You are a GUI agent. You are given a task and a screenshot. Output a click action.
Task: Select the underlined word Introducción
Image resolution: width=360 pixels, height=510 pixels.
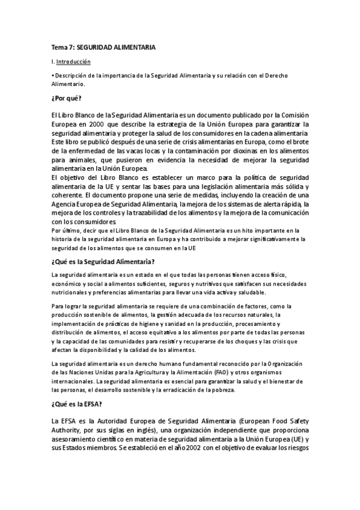(x=73, y=61)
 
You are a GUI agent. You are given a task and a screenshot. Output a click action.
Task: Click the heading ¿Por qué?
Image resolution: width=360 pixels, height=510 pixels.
(x=66, y=97)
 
